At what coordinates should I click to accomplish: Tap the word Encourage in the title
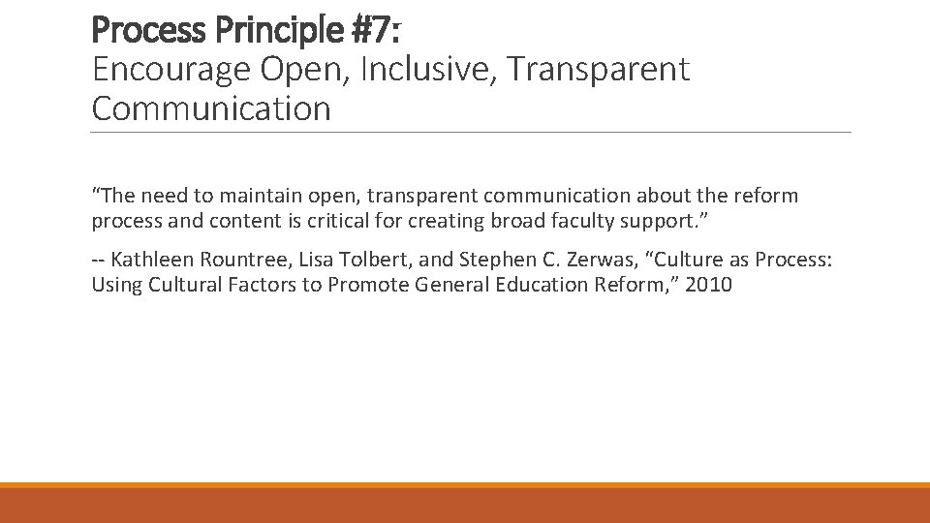click(x=170, y=70)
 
